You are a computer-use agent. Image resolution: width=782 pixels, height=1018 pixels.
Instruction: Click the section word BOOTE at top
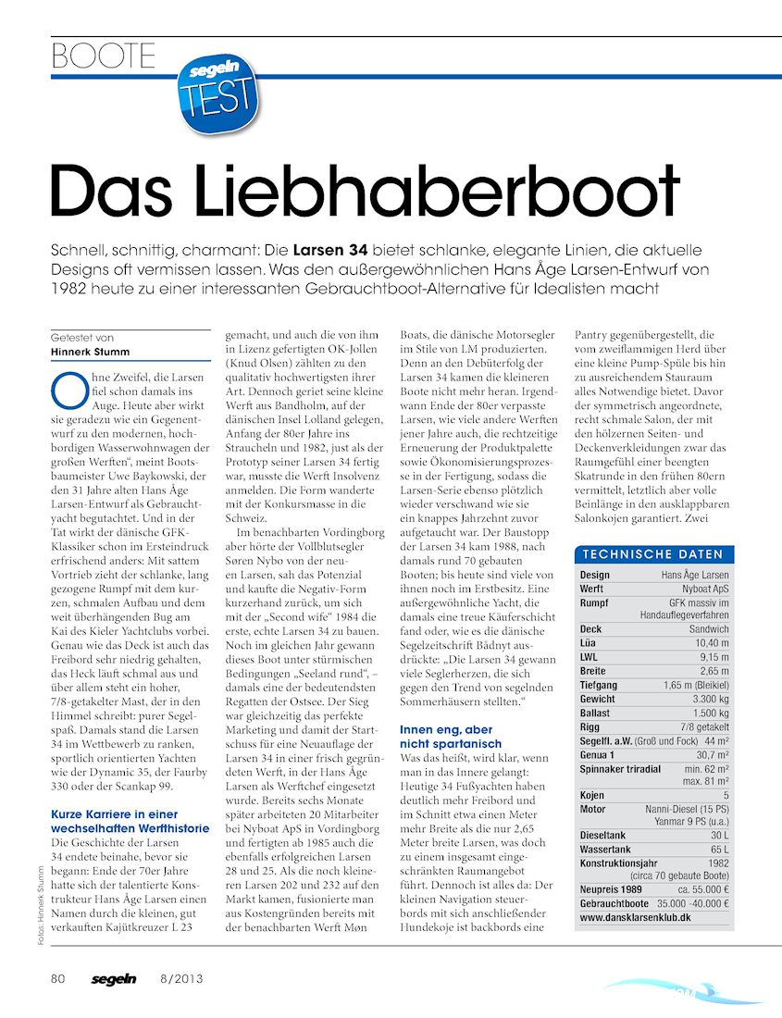click(104, 57)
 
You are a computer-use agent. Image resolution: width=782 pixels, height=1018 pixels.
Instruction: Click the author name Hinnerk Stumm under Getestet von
click(91, 351)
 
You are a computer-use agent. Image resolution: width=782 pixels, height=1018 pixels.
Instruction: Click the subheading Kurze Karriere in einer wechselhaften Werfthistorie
click(129, 821)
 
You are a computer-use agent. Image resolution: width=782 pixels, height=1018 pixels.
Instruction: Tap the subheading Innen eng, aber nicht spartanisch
click(451, 737)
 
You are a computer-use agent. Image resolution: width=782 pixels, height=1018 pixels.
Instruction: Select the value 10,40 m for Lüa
click(711, 642)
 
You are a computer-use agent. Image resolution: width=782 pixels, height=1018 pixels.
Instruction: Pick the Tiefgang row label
click(600, 685)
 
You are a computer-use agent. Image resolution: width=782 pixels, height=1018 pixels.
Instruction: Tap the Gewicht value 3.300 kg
click(708, 699)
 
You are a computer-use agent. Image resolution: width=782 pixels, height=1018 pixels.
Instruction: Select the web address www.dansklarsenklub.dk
click(635, 917)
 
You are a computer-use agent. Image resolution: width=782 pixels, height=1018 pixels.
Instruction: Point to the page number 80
click(57, 979)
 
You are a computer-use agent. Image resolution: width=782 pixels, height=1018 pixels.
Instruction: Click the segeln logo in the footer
click(113, 979)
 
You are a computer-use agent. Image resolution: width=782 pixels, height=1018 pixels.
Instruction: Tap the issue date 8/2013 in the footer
click(181, 979)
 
